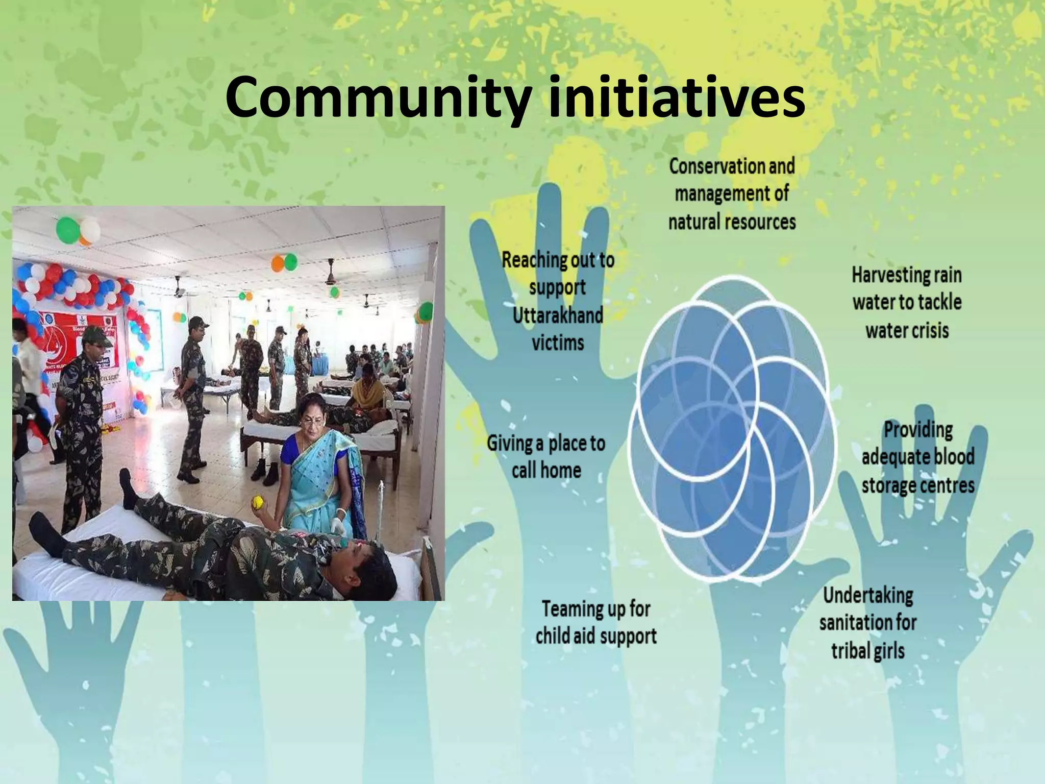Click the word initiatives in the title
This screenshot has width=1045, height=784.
pos(677,96)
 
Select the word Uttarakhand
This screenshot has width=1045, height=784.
pos(558,315)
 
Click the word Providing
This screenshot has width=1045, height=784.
pos(918,429)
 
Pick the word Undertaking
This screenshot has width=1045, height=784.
pos(868,595)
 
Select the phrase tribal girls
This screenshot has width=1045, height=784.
pos(868,651)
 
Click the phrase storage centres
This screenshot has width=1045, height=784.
pos(918,485)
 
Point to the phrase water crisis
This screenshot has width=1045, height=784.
pos(907,331)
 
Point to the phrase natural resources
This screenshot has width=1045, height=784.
pos(732,222)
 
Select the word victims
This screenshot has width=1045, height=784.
pos(558,342)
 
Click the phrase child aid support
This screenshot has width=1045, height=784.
pos(596,637)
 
